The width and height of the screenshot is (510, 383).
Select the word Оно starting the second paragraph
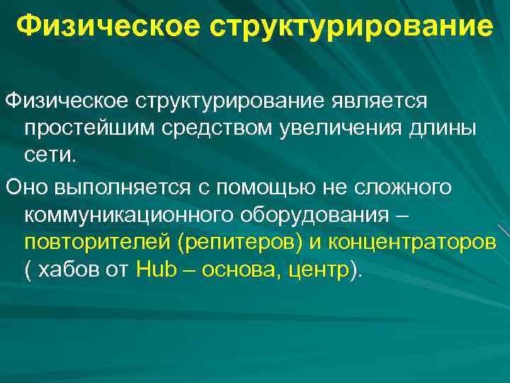[x=27, y=187]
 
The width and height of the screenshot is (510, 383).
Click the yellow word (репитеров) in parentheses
[x=240, y=243]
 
